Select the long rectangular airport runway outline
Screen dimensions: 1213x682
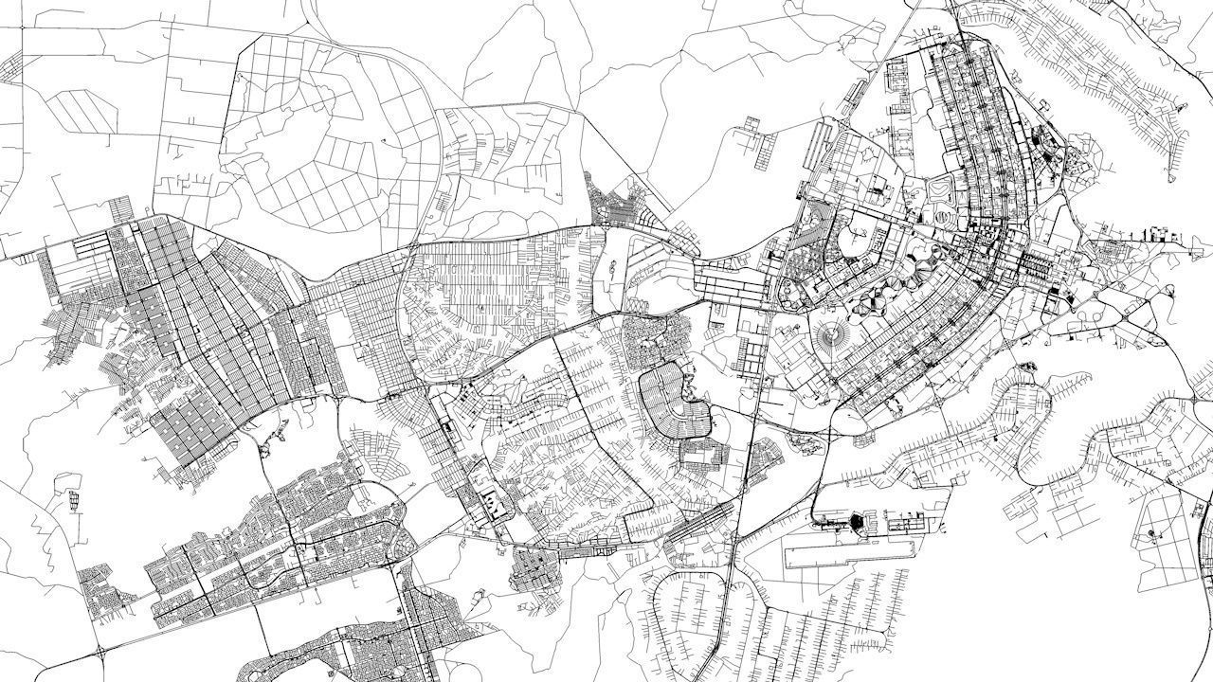click(853, 554)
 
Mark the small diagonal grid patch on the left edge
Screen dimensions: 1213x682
click(11, 69)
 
